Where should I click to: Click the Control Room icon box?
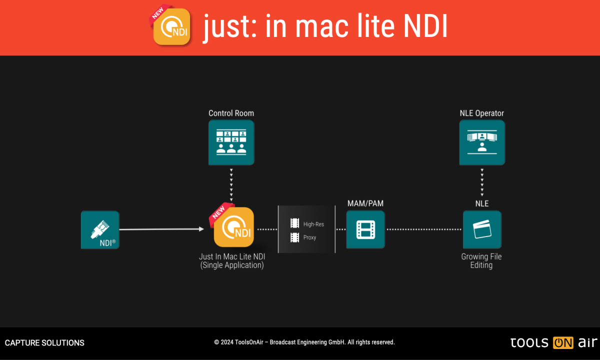pos(231,142)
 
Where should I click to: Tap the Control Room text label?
pos(231,113)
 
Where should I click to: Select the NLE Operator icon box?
pos(482,142)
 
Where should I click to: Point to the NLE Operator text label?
pos(482,113)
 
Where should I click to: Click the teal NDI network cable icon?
pos(100,230)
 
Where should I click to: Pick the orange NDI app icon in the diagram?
pos(233,227)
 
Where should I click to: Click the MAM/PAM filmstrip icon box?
pos(365,229)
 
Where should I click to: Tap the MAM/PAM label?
pos(365,203)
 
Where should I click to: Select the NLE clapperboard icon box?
pos(482,229)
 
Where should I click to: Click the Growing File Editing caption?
pos(481,260)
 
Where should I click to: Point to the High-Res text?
pos(313,224)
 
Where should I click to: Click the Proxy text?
pos(310,237)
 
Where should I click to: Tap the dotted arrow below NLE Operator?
pos(482,182)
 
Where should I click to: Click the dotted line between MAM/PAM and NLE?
pos(424,229)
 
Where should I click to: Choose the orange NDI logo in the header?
pos(171,27)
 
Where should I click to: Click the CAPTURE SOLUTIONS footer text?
pos(44,343)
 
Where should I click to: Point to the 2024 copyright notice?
pos(304,342)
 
